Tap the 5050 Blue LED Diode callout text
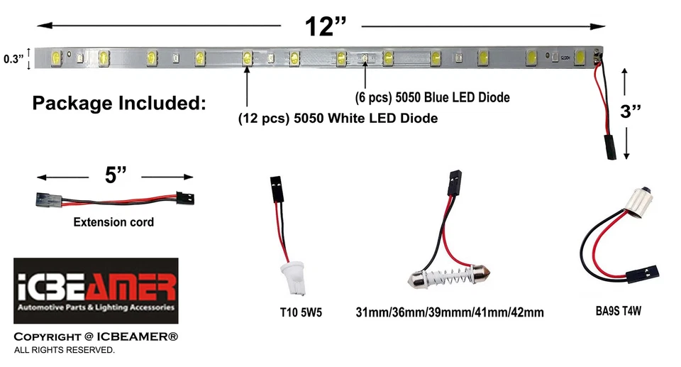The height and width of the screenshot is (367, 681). coord(432,97)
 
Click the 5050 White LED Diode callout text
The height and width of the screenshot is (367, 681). coord(337,119)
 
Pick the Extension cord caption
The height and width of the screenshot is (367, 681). coord(113,222)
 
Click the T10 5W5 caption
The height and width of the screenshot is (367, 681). coord(301,311)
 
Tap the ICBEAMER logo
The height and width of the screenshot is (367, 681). coord(96,290)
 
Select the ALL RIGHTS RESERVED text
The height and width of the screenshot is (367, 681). coord(64,351)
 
